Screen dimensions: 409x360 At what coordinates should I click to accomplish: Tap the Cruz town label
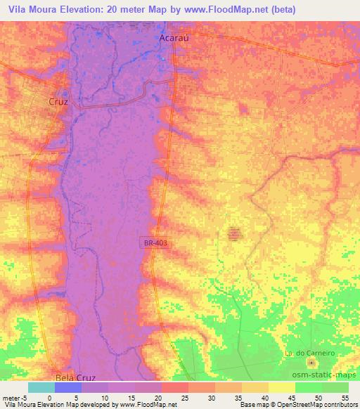[58, 102]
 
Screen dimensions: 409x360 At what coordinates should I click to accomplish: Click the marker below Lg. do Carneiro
[311, 363]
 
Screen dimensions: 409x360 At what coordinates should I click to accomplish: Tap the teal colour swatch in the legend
[41, 387]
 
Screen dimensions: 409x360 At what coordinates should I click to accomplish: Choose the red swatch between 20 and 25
[175, 387]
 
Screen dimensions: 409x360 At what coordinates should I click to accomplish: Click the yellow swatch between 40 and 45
[282, 387]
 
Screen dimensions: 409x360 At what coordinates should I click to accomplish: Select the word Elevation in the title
[84, 10]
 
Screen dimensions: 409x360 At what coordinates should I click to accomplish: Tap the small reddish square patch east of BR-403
[235, 235]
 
